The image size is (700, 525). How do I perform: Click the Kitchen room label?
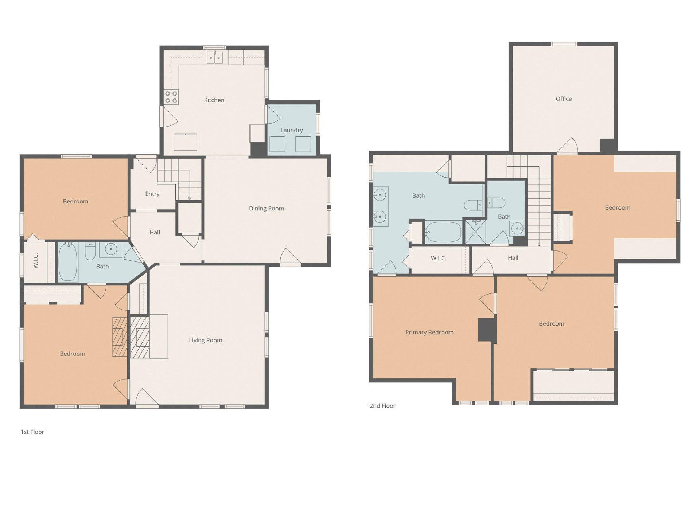pos(214,100)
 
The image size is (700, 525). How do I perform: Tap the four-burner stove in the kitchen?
pos(171,97)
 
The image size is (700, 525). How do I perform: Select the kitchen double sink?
pos(215,58)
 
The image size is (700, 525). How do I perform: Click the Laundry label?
pos(291,130)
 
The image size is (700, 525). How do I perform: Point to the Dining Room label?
pos(266,208)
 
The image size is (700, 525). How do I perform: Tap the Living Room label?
pos(205,340)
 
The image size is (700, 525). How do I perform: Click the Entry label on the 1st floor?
pos(152,194)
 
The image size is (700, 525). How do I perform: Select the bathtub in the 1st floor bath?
pos(68,261)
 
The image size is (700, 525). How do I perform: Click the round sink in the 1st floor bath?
pos(111,249)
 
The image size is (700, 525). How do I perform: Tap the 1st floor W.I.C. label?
pos(36,261)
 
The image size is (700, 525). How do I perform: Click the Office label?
pos(563,99)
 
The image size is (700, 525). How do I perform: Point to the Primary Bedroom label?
pos(429,332)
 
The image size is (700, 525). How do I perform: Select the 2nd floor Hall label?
pos(513,258)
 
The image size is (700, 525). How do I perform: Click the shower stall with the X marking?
pos(475,232)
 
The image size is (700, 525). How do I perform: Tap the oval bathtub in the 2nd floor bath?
pos(443,232)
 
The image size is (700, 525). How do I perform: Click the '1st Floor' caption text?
pos(32,432)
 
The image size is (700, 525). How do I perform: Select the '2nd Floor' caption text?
pos(382,406)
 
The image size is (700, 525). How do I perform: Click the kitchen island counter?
pos(185,142)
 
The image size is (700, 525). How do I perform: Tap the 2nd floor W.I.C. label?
pos(438,258)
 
